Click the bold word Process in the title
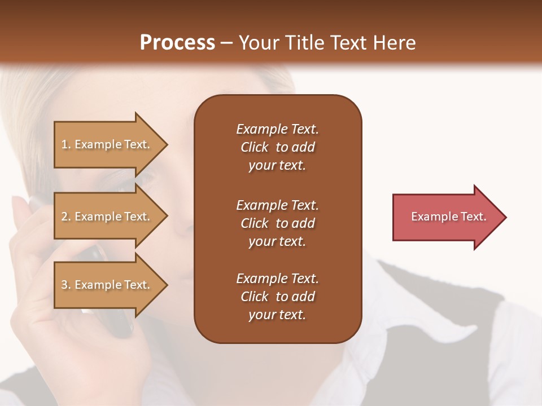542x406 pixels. (177, 42)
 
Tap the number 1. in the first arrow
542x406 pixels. (66, 144)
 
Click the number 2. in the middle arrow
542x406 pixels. (66, 217)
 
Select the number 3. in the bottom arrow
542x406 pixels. (66, 285)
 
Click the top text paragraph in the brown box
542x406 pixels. (277, 147)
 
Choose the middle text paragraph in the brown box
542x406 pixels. (277, 223)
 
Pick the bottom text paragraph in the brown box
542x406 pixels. (277, 297)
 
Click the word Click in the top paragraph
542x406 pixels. (255, 147)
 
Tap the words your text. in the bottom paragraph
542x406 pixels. (277, 315)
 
